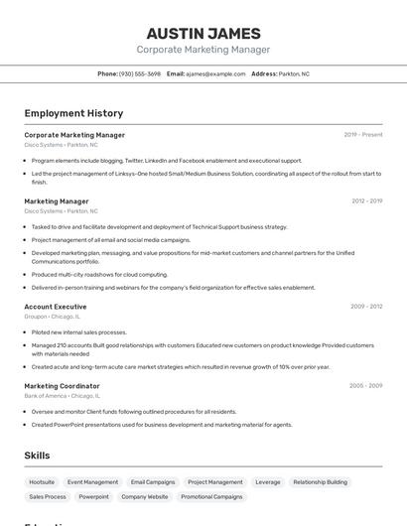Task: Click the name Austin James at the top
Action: [x=203, y=33]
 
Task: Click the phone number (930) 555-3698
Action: [x=140, y=73]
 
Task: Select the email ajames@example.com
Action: [x=215, y=73]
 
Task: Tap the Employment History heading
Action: [x=73, y=113]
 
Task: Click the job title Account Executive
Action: [x=56, y=307]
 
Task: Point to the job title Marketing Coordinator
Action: [x=62, y=385]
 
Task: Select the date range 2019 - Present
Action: [x=363, y=135]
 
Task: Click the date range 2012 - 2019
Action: [x=366, y=201]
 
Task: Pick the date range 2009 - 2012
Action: [x=366, y=307]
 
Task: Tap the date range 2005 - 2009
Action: [x=365, y=385]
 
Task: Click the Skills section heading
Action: [x=38, y=456]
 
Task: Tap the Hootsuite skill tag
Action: [x=42, y=481]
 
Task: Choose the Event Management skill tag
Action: [x=92, y=481]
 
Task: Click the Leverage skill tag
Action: [x=267, y=481]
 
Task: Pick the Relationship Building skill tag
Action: [x=320, y=481]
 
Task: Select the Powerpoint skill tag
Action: [x=94, y=496]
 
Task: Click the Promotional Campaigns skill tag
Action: [x=211, y=496]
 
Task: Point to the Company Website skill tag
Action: [x=145, y=496]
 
